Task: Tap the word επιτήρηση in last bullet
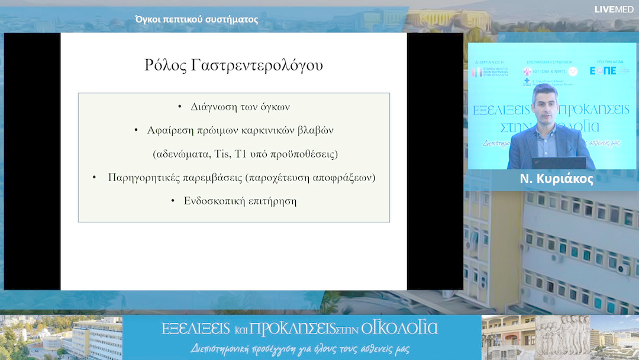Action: [x=271, y=201]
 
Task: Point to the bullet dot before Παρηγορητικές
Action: [x=94, y=177]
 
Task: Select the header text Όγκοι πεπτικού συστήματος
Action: [x=196, y=20]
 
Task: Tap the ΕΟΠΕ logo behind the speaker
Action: [x=602, y=70]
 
